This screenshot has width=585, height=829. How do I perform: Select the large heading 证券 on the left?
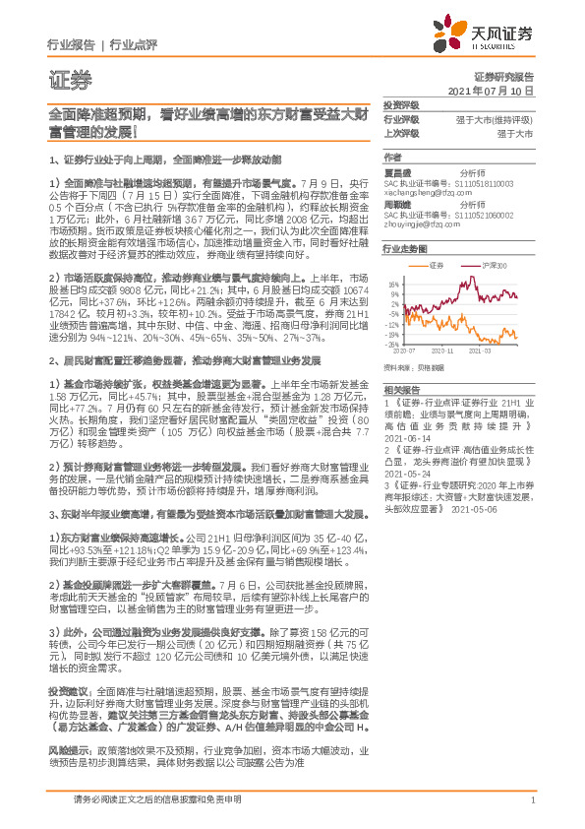(63, 78)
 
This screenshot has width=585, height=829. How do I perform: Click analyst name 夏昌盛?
(396, 170)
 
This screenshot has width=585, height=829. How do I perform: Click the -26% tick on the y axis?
(392, 345)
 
